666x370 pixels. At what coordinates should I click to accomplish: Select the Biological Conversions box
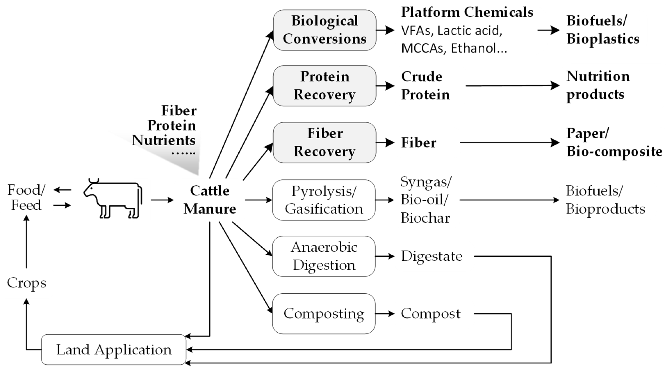pos(324,30)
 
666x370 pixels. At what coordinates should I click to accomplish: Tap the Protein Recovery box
pos(324,86)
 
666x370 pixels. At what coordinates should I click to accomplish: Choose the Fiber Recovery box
pos(324,142)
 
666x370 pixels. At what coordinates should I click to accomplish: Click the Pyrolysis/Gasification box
pos(324,200)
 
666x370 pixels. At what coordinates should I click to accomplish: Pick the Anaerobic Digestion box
pos(324,256)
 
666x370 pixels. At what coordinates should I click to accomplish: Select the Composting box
pos(324,314)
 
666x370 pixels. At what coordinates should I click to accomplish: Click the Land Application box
pos(114,349)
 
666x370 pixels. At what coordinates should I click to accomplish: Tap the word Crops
pos(27,283)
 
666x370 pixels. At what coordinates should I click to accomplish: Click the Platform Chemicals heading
pos(467,12)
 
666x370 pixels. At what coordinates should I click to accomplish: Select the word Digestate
pos(431,256)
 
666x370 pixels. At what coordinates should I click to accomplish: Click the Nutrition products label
pos(598,85)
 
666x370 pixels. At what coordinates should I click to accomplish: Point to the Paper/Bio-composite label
pos(614,142)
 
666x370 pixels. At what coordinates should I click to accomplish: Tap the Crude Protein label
pos(425,86)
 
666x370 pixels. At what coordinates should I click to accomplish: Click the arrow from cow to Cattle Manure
pos(162,200)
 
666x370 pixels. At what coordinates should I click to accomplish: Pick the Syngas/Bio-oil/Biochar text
pos(425,200)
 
